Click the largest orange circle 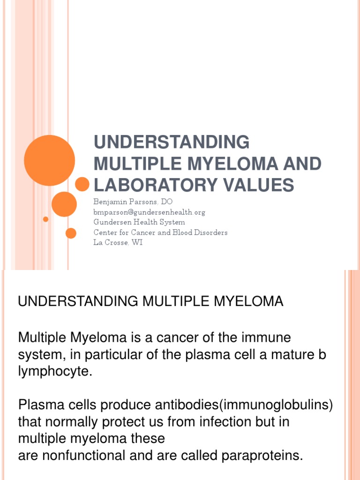click(x=49, y=160)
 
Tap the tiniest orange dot click(x=45, y=219)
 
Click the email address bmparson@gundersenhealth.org click(x=150, y=212)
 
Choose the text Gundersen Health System click(x=139, y=222)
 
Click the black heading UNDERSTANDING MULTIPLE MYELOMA click(x=150, y=302)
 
